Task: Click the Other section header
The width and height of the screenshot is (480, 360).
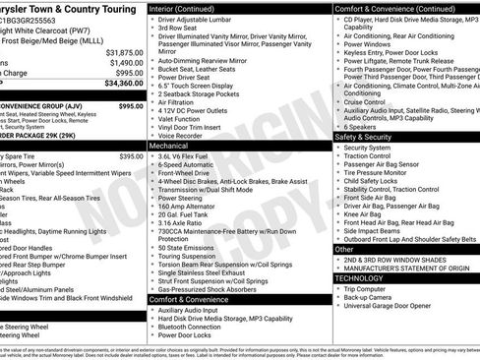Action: (x=345, y=250)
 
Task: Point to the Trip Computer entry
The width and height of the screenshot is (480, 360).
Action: (x=370, y=289)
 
